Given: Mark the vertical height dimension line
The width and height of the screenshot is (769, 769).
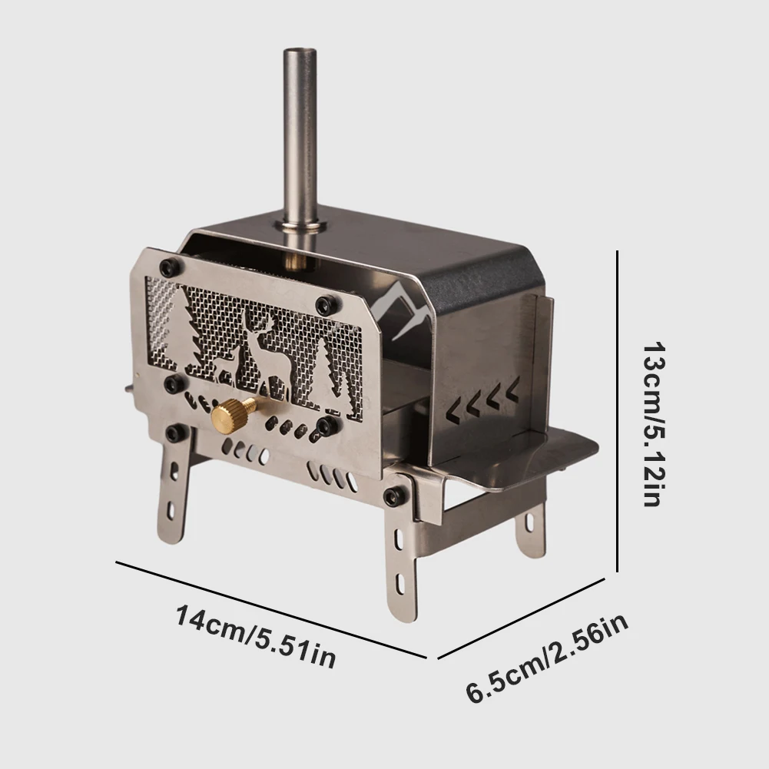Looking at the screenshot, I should pyautogui.click(x=618, y=411).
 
